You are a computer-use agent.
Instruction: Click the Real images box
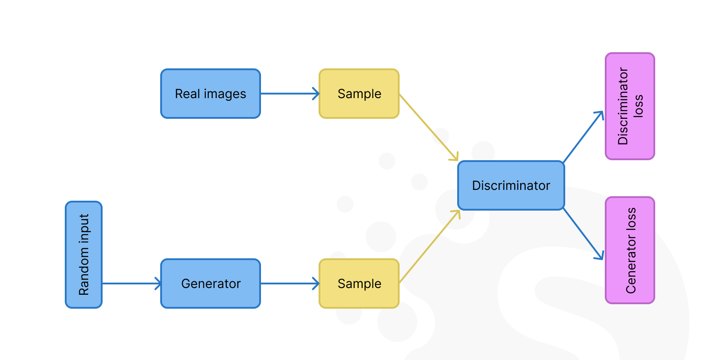click(211, 94)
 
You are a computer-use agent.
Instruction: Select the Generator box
click(211, 283)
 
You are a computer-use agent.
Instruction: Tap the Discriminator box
click(511, 185)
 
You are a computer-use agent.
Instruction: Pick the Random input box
click(84, 255)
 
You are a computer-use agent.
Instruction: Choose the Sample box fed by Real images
click(359, 94)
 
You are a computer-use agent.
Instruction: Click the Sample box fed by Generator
click(359, 283)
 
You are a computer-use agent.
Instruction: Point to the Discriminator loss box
click(630, 106)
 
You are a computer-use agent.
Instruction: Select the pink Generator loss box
click(630, 250)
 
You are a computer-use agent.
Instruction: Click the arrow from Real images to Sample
click(289, 94)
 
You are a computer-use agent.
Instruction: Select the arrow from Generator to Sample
click(289, 283)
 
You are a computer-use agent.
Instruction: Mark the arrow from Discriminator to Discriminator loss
click(583, 137)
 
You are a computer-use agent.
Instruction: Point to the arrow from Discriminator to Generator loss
click(583, 234)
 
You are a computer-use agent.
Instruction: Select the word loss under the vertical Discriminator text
click(638, 106)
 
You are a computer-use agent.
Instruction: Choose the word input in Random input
click(84, 229)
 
